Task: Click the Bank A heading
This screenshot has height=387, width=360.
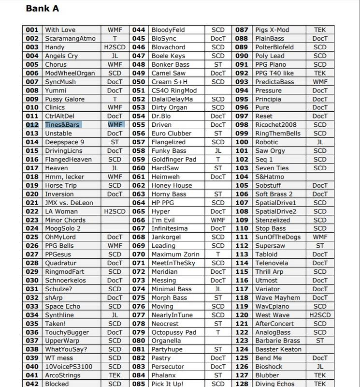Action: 42,8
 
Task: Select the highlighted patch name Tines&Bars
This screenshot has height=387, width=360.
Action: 63,125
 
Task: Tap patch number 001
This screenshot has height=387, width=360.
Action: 32,30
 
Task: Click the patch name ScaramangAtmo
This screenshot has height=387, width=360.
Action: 70,38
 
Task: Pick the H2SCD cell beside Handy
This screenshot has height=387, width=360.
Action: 115,47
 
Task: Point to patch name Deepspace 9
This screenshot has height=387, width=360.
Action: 64,142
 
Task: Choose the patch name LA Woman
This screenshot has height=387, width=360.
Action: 61,211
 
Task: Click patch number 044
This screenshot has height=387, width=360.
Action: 139,30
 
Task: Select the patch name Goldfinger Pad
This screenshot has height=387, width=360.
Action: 174,159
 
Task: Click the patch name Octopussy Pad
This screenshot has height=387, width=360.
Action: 174,332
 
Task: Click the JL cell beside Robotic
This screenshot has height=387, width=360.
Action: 320,142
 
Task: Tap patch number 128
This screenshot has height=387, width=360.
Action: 242,384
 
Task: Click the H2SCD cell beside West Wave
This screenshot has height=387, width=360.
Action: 320,315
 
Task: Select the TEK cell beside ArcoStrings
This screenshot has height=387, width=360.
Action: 115,375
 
